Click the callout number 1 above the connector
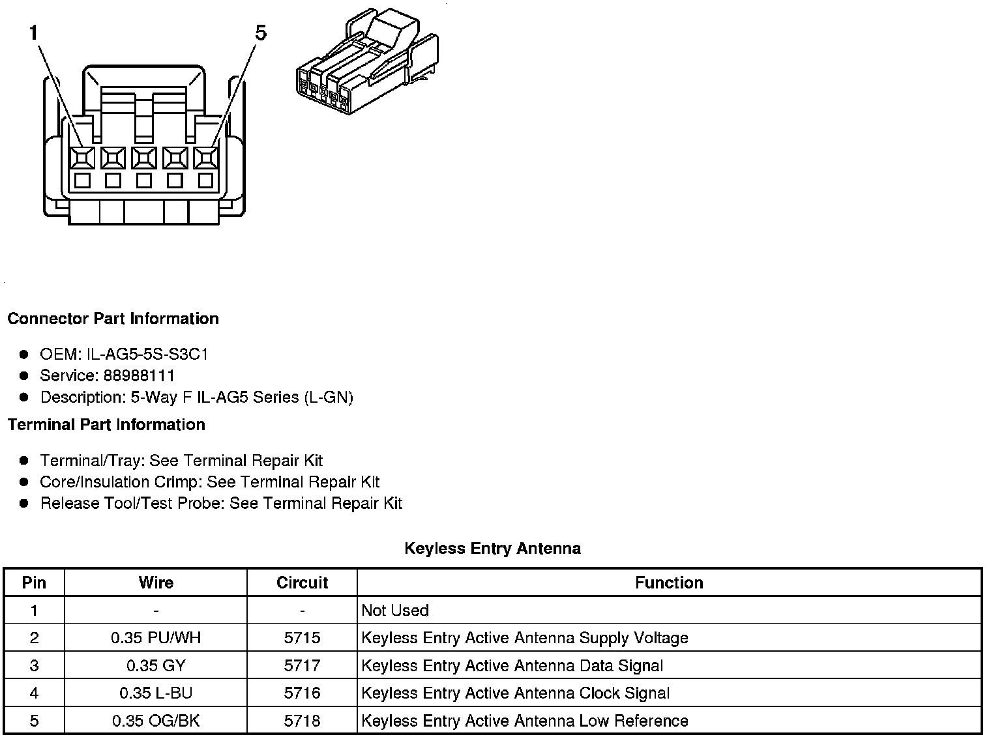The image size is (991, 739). pos(35,33)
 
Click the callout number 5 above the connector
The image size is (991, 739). pos(260,33)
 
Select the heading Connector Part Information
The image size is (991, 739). pos(113,319)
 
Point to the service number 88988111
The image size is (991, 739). pos(139,376)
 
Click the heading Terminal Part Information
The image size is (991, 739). pos(106,425)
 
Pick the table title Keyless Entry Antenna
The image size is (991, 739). pos(492,549)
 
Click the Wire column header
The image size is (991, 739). pos(156,583)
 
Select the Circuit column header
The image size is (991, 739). pos(302,583)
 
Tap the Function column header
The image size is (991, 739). pos(669,583)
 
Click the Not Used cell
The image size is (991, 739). pos(395,611)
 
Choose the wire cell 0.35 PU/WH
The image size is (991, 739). pos(156,638)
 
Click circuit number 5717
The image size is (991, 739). pos(302,665)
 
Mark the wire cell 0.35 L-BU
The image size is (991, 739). pos(156,693)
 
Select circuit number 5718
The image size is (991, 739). pos(302,721)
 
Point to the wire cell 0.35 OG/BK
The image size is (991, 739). pos(156,721)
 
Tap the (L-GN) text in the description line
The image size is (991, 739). pos(329,398)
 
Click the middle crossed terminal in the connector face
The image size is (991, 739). pos(143,158)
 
